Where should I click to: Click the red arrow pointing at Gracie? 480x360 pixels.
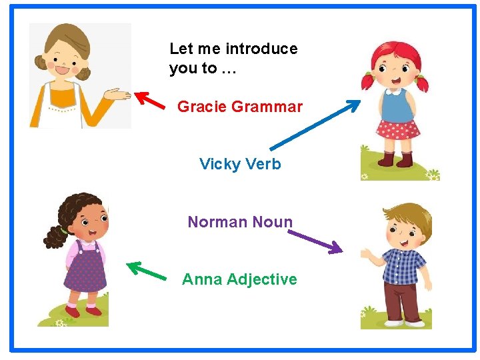[151, 100]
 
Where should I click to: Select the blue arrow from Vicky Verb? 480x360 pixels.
[315, 125]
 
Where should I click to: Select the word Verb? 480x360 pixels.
[263, 164]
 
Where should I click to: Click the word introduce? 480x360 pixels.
[261, 49]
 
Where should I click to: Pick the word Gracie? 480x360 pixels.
[202, 107]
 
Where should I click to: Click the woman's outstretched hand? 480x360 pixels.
[120, 94]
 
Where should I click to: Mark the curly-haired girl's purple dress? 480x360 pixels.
[86, 270]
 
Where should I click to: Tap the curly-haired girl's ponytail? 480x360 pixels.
[53, 235]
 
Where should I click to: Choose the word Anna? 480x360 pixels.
[202, 279]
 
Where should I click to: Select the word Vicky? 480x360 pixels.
[219, 164]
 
